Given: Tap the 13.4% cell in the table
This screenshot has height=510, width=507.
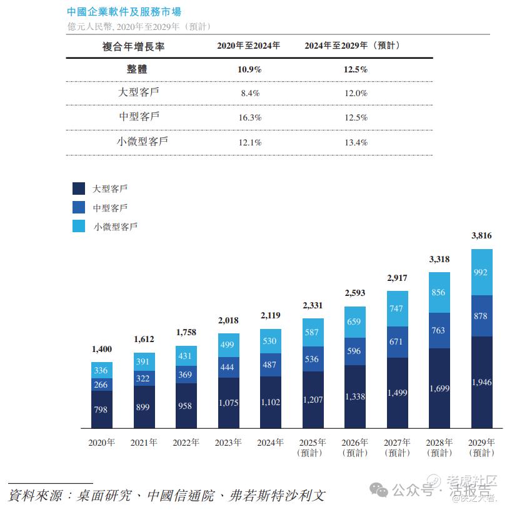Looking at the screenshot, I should [355, 142].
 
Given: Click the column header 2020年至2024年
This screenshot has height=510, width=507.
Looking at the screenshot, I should [248, 46].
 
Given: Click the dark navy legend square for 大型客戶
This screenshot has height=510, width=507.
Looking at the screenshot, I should [79, 189].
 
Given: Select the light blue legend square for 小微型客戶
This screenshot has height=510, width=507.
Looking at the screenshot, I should [79, 226].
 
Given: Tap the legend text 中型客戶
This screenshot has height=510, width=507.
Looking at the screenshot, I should [110, 208].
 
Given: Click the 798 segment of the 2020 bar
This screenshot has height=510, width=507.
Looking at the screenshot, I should [102, 409].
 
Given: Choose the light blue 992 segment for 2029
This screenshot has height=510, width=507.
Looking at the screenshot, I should [482, 272].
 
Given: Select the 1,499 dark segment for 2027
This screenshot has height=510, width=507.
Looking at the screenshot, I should [398, 393].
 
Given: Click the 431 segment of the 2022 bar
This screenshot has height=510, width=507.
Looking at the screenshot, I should [186, 356].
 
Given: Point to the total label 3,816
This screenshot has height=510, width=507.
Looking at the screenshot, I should [481, 235].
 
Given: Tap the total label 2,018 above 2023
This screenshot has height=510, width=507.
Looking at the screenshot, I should [228, 321].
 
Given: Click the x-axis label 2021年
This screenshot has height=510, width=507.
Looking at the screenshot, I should [144, 443].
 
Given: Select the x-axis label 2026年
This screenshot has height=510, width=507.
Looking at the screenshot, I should [355, 443].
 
